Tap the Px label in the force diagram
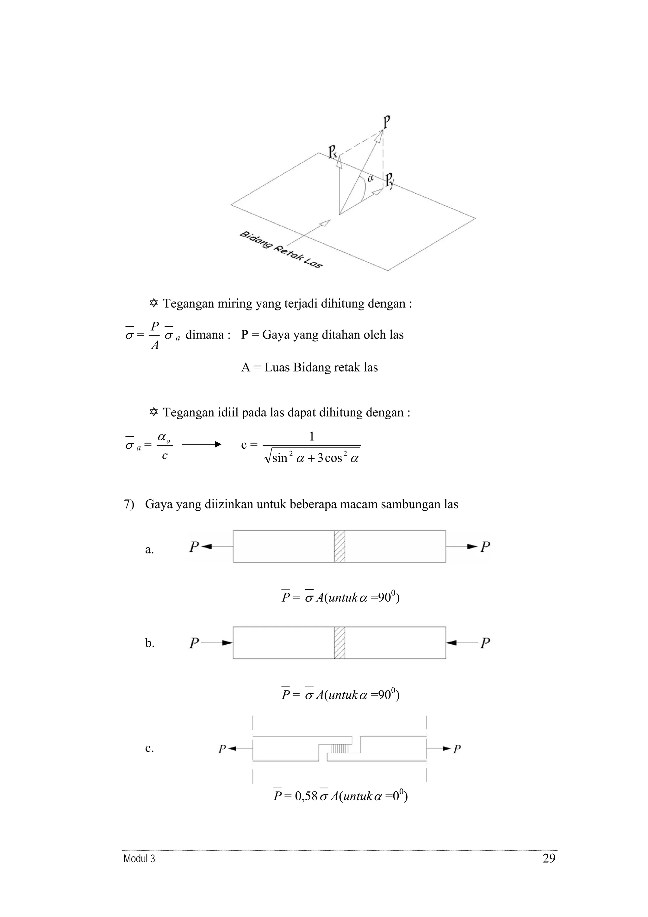pyautogui.click(x=333, y=152)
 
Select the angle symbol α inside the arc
pyautogui.click(x=370, y=178)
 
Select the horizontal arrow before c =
pyautogui.click(x=202, y=444)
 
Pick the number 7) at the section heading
pyautogui.click(x=128, y=504)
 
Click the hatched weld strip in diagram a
pyautogui.click(x=340, y=546)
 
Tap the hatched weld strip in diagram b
pyautogui.click(x=340, y=643)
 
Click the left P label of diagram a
pyautogui.click(x=194, y=546)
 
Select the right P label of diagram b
pyautogui.click(x=485, y=643)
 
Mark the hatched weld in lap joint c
pyautogui.click(x=340, y=748)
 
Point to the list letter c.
pyautogui.click(x=149, y=748)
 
